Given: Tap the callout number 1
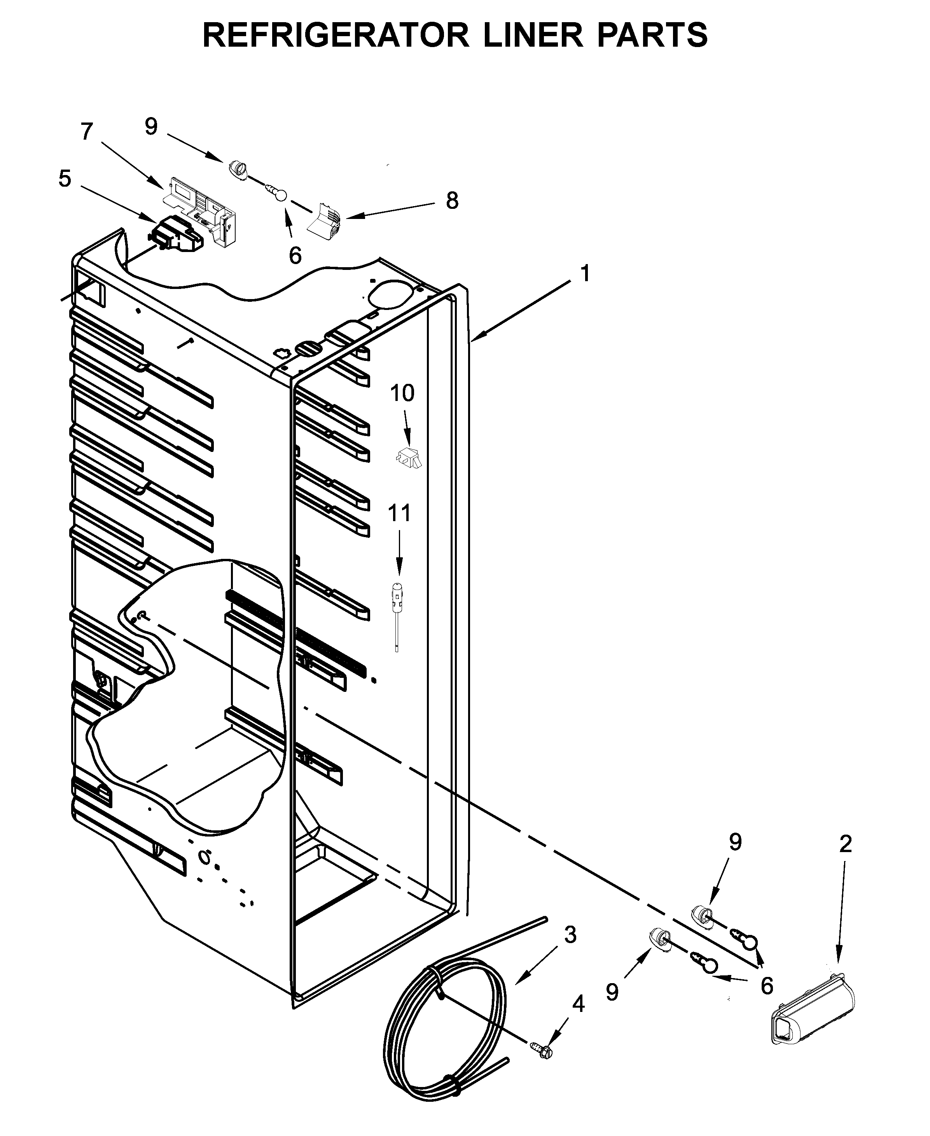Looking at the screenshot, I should [x=585, y=273].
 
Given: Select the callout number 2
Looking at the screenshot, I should [x=845, y=844].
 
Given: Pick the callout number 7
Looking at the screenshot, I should [x=87, y=131].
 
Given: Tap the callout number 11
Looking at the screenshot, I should [x=399, y=513].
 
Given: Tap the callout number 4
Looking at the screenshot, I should [x=578, y=1004].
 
